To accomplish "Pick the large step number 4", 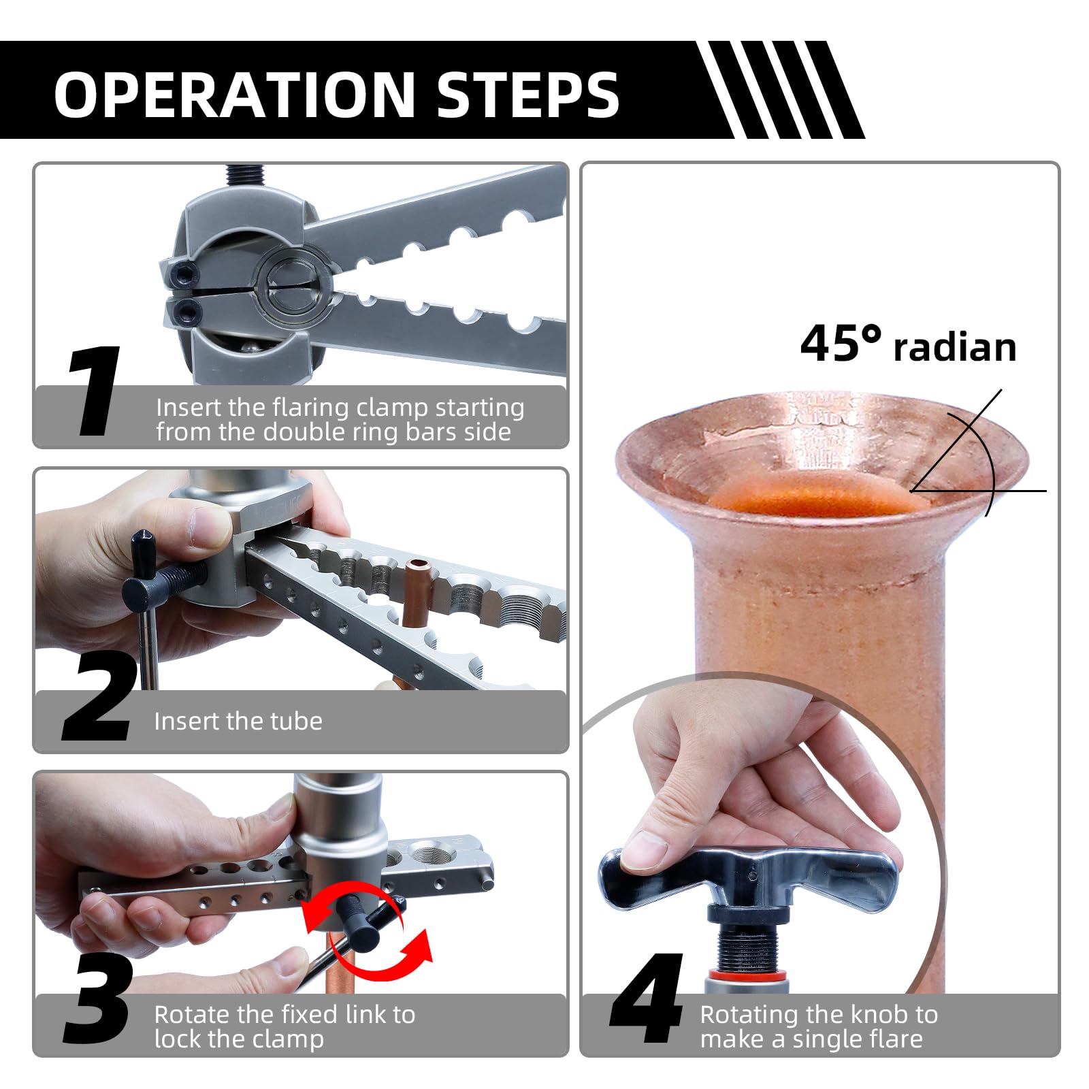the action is coord(647,998).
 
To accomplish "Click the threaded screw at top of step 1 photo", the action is coord(246,175).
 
